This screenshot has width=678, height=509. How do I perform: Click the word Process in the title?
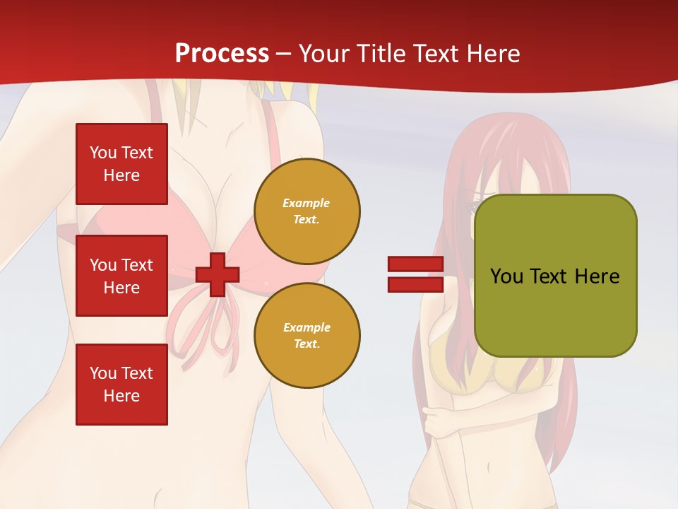[x=222, y=54]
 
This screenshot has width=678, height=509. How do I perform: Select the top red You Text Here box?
[x=121, y=164]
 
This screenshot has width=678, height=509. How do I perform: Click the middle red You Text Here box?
[x=121, y=276]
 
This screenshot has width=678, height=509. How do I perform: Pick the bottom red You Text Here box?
[x=121, y=385]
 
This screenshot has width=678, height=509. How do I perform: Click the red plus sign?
[x=218, y=274]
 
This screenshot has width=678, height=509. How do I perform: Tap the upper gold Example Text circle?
[x=307, y=211]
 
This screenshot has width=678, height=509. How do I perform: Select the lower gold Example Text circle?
[x=307, y=336]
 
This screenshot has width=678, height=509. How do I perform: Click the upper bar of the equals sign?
[x=415, y=264]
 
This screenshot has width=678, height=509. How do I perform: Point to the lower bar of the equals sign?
[x=415, y=284]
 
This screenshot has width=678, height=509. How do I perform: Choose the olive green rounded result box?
[x=555, y=276]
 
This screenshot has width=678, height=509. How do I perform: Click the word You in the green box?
[x=506, y=276]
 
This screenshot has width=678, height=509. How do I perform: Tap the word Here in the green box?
[x=597, y=276]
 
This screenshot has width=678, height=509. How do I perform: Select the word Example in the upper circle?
[x=307, y=204]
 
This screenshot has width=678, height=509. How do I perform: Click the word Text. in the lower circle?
[x=307, y=344]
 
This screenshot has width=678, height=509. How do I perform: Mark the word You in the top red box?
[x=103, y=153]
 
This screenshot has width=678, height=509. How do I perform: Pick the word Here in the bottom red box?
[x=121, y=396]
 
